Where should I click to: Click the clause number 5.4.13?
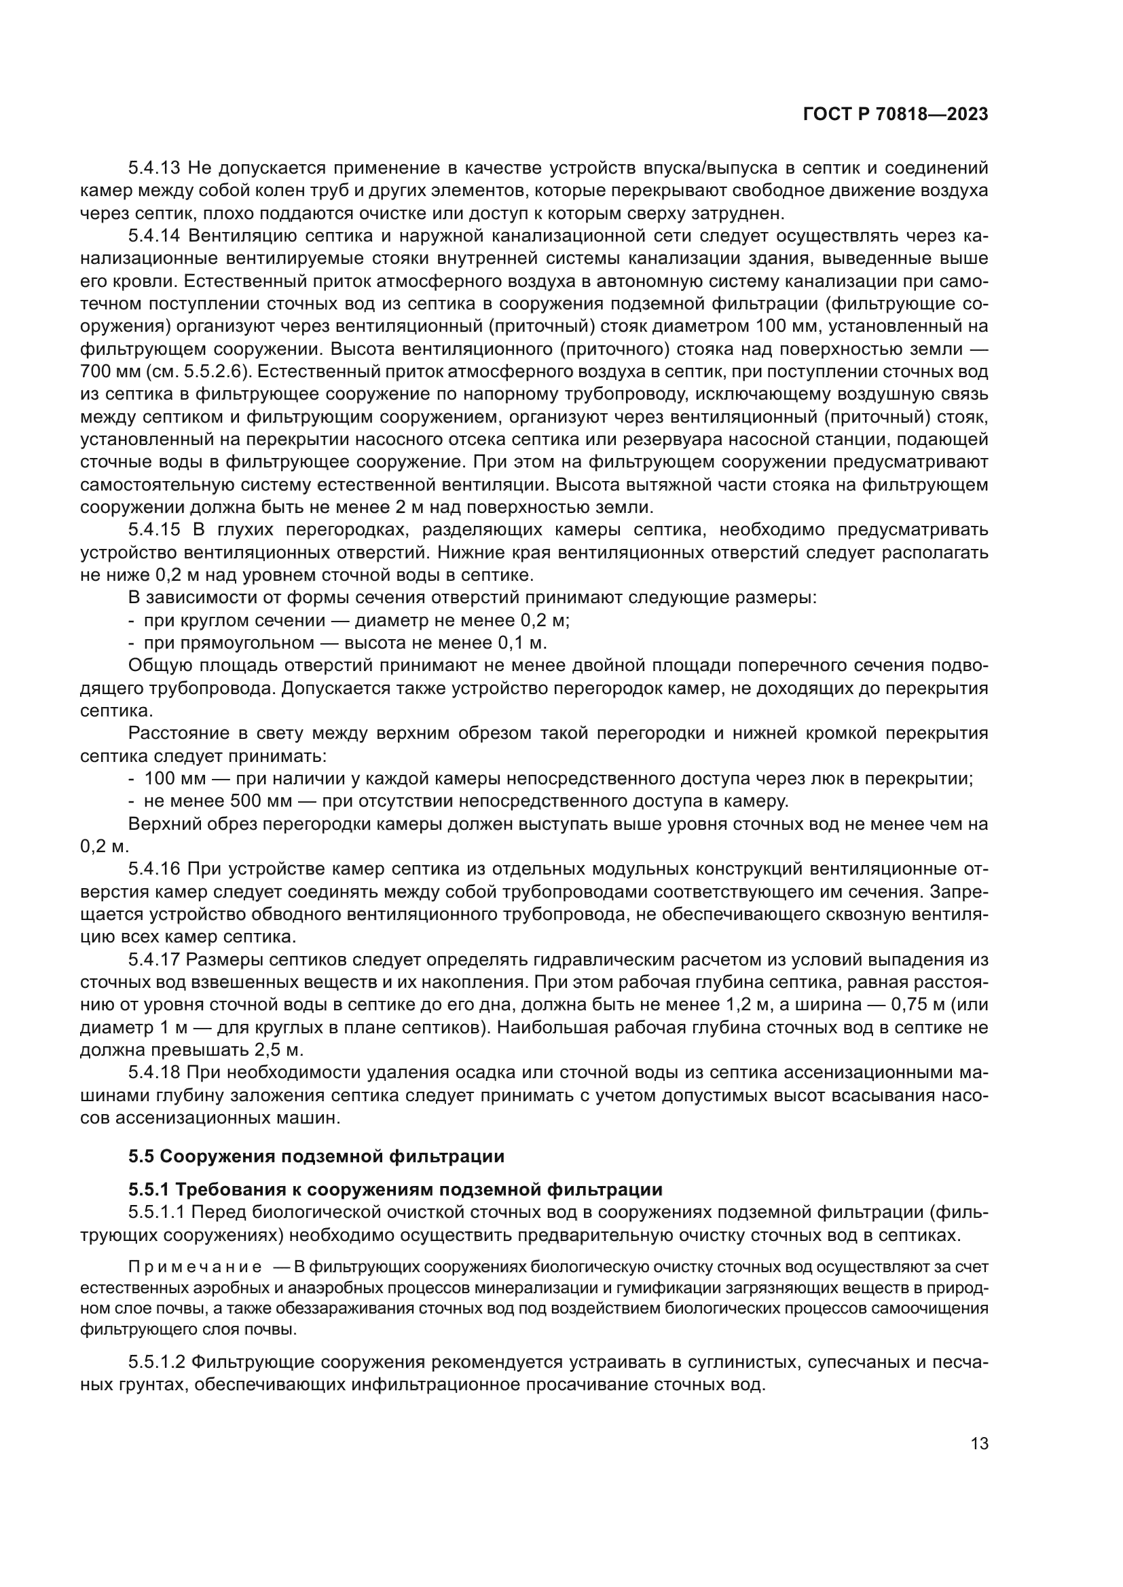point(153,168)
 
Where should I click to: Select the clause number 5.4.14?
point(153,235)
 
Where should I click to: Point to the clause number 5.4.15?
point(153,530)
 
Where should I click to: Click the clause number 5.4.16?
point(153,870)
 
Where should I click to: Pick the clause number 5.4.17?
point(153,960)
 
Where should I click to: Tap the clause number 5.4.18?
point(153,1073)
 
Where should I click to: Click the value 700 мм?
point(110,372)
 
